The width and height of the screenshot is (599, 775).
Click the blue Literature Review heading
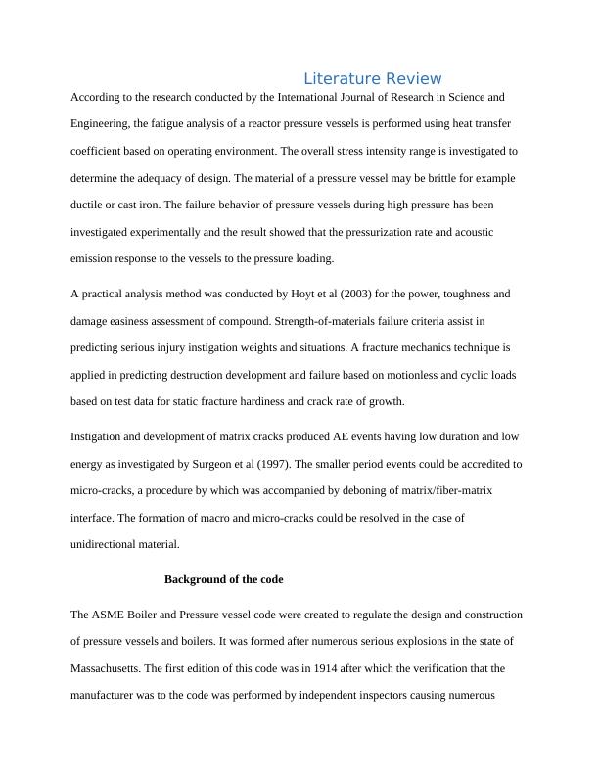(x=372, y=78)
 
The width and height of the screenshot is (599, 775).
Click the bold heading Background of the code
(x=223, y=579)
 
